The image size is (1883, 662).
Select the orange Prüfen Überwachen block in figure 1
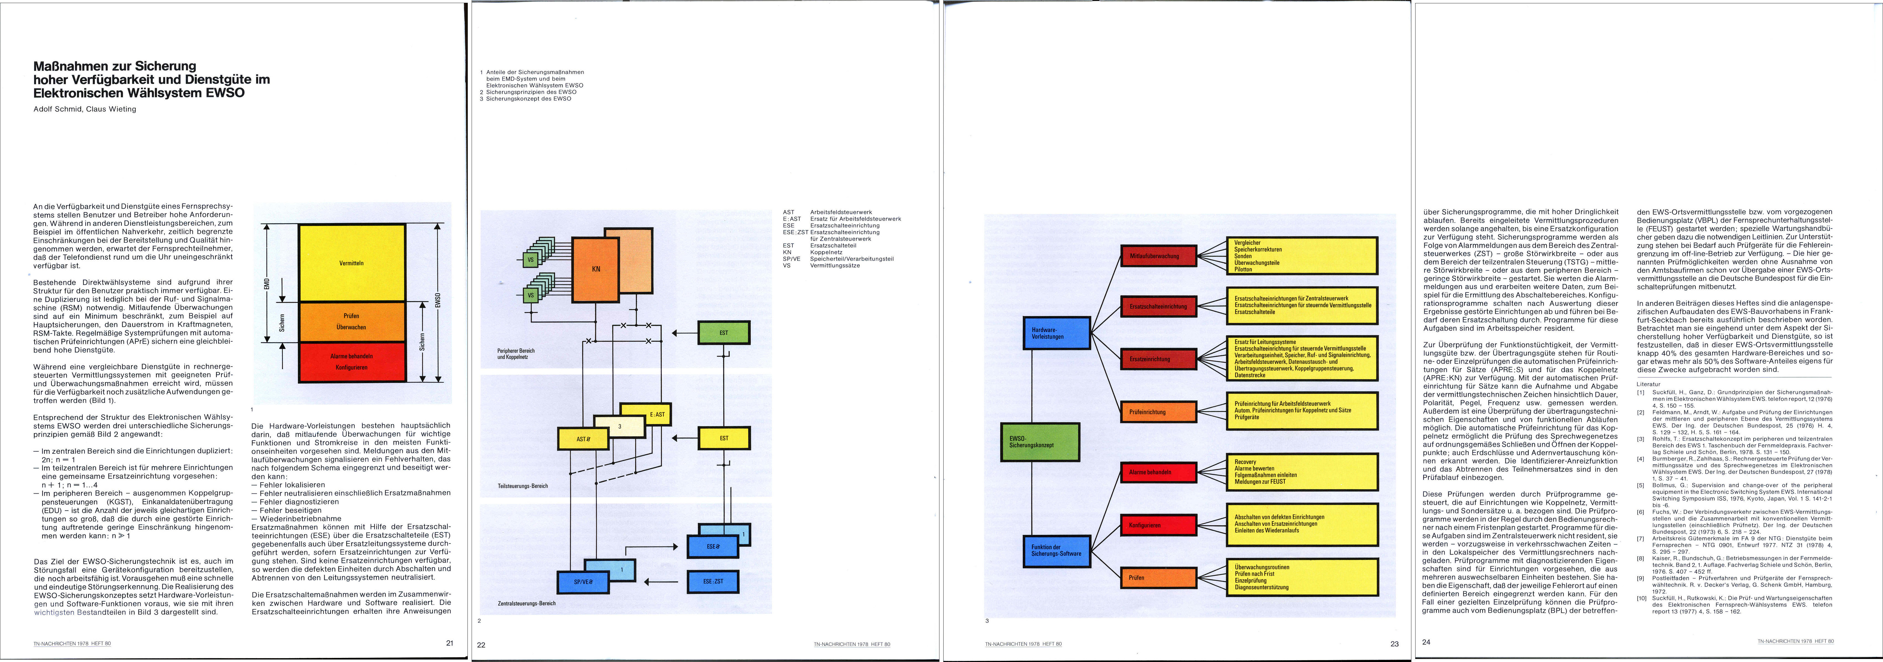[x=352, y=322]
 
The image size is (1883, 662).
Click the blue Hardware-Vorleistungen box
[x=1056, y=333]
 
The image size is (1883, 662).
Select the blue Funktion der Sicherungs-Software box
[x=1056, y=550]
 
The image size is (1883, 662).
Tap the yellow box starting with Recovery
[x=1301, y=472]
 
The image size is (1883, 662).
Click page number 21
[x=449, y=643]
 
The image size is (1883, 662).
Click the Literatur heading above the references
[x=1648, y=384]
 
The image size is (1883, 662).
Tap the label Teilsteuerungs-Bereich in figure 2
[x=523, y=486]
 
